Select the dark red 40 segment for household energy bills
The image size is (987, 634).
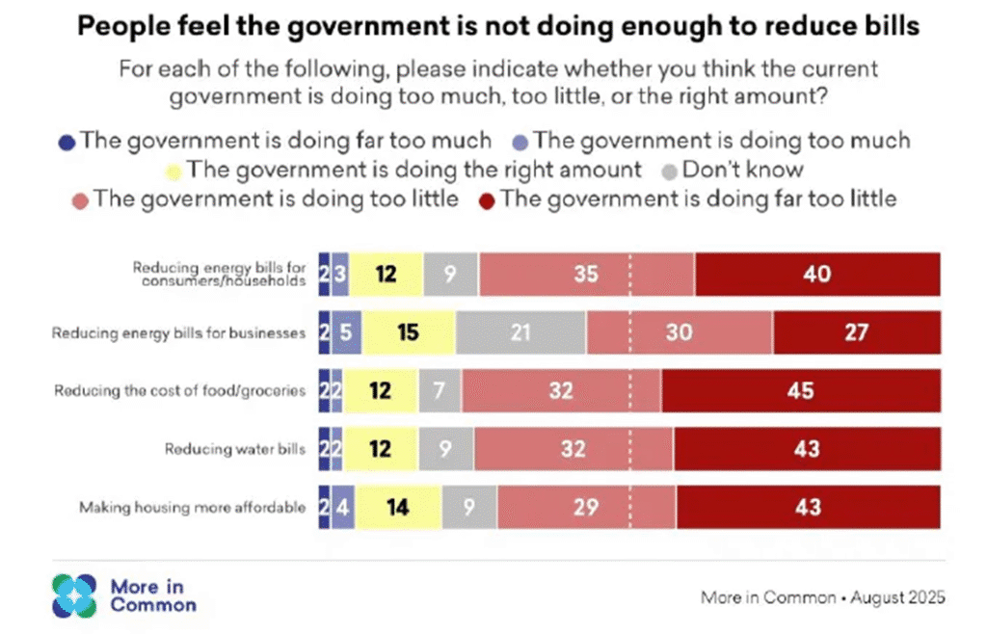817,275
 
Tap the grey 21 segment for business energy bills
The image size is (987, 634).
520,333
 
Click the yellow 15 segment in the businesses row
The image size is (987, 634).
408,333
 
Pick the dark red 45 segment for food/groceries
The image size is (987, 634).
801,390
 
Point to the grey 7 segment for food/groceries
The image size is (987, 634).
440,390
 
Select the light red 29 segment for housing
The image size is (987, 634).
586,507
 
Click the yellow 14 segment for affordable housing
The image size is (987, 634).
398,507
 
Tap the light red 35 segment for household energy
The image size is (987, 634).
586,275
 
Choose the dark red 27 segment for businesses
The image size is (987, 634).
856,333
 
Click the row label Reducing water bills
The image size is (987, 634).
235,449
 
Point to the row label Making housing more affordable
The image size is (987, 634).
193,507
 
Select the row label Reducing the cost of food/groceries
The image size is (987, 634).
180,390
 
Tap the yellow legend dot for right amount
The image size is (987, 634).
173,172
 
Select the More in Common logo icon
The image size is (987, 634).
74,595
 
